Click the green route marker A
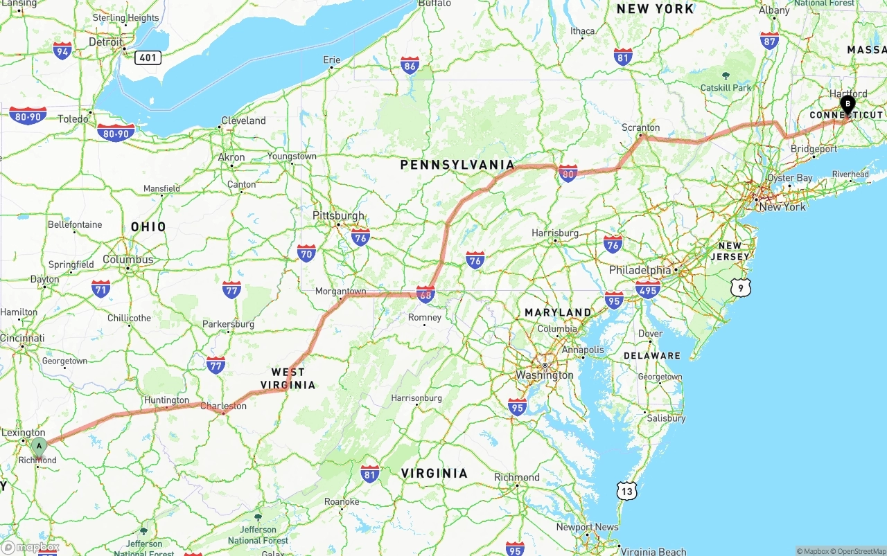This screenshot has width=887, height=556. [x=39, y=445]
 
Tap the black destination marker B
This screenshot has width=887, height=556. [x=847, y=105]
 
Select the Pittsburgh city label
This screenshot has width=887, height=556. [x=338, y=215]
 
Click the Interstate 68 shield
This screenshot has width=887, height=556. [x=425, y=294]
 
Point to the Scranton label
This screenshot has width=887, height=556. [x=641, y=127]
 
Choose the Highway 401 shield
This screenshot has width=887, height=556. [x=148, y=57]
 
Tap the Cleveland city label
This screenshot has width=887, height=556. [x=243, y=120]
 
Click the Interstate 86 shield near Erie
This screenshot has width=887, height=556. [x=410, y=66]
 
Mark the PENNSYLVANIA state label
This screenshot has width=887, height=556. [x=457, y=165]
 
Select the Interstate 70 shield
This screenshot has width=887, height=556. [x=306, y=253]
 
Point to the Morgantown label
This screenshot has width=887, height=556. [x=340, y=292]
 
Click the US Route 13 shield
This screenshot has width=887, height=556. [x=626, y=491]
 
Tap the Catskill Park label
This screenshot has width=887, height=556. [x=726, y=88]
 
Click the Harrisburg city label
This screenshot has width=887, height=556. [x=555, y=233]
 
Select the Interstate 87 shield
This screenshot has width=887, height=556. [x=769, y=41]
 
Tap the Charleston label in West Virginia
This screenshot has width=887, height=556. [x=223, y=406]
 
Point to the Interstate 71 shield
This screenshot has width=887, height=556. [x=101, y=289]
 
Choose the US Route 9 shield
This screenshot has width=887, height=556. [x=740, y=287]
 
